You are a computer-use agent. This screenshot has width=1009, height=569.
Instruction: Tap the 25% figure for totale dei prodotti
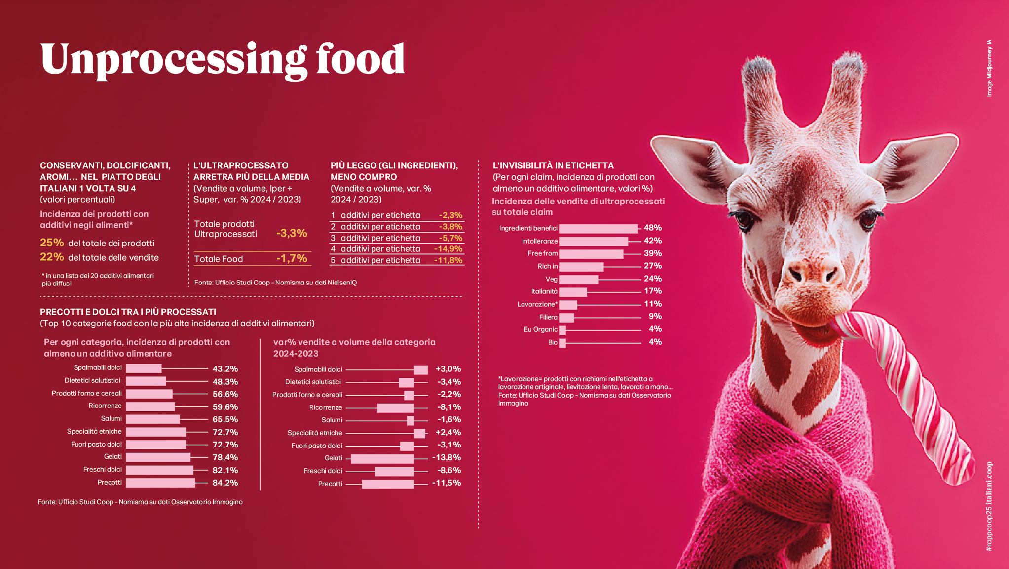click(x=52, y=243)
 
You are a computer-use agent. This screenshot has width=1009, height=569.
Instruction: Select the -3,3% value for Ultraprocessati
click(x=292, y=233)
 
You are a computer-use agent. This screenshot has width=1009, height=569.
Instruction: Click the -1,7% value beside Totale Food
click(x=292, y=258)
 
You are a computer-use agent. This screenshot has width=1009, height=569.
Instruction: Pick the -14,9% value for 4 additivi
click(x=448, y=249)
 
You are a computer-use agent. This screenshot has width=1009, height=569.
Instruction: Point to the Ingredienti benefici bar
click(x=598, y=228)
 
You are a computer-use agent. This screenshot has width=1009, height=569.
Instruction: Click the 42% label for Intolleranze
click(x=652, y=241)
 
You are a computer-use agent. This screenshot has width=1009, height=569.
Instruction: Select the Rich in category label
click(x=547, y=266)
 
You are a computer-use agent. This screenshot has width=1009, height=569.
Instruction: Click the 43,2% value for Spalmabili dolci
click(x=225, y=369)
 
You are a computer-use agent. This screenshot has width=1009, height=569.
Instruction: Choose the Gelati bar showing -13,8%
click(x=382, y=459)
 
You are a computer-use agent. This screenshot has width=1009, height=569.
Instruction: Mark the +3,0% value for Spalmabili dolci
click(x=448, y=369)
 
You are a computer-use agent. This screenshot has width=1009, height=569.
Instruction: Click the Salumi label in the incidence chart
click(x=111, y=418)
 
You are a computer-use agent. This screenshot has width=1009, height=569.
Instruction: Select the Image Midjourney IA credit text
click(x=989, y=68)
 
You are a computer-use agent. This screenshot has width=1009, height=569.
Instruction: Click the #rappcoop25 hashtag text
click(x=988, y=533)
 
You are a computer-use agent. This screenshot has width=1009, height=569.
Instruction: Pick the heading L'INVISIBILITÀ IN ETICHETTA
click(x=553, y=165)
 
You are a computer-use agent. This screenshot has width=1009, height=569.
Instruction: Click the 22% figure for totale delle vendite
click(x=52, y=257)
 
